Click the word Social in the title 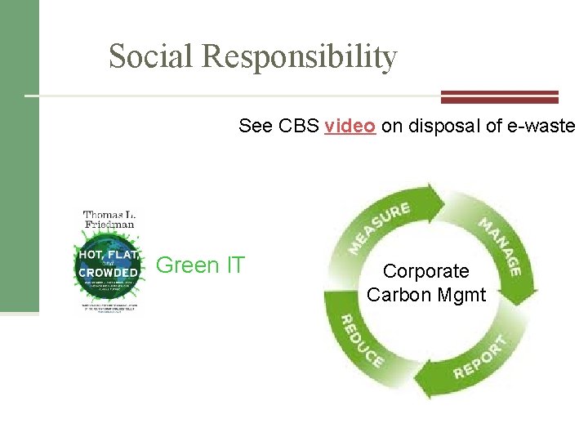(x=151, y=56)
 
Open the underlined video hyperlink (x=350, y=126)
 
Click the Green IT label (x=200, y=265)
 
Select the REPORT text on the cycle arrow (x=481, y=356)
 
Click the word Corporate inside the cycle (x=425, y=271)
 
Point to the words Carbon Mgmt (x=425, y=294)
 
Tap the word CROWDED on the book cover (x=108, y=273)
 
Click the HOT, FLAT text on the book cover (x=108, y=254)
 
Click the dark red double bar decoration (x=499, y=96)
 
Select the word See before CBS (x=256, y=126)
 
